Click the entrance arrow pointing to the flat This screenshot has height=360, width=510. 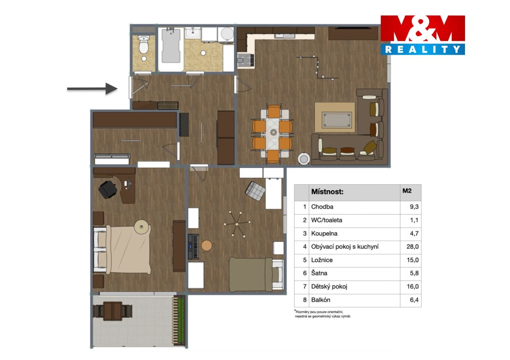point(92,89)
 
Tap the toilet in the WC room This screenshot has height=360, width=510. point(143,45)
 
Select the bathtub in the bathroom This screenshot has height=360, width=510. point(171,46)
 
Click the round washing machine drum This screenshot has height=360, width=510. point(227,34)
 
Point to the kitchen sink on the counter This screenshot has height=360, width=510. point(285,36)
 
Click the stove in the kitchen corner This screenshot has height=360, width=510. point(245,61)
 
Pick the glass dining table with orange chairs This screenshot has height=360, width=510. point(273,134)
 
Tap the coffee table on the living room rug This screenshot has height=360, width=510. point(336,120)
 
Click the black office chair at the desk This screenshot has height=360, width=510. point(107,189)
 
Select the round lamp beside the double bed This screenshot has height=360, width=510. point(142,227)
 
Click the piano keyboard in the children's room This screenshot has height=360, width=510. point(194,246)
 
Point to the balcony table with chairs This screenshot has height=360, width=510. point(113,311)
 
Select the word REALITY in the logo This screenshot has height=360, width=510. point(422,49)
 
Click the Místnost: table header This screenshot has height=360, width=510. point(327,192)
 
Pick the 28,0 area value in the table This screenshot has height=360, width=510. point(413,247)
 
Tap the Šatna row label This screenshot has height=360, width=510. point(319,273)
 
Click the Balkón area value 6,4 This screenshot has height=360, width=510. point(414,300)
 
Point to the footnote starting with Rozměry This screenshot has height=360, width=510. point(323,314)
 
